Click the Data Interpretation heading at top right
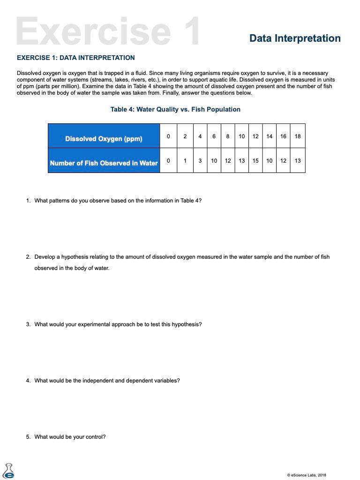[x=295, y=38]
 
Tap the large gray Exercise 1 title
[x=108, y=31]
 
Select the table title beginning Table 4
[x=175, y=109]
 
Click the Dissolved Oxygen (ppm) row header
[x=104, y=139]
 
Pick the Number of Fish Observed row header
[x=104, y=163]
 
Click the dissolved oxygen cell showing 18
[x=298, y=136]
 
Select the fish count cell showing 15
[x=255, y=161]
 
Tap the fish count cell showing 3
[x=200, y=161]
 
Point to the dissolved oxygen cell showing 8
[x=228, y=136]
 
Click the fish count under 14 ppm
[x=270, y=161]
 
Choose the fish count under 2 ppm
[x=185, y=161]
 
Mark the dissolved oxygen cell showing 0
[x=168, y=136]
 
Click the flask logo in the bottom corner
[x=8, y=471]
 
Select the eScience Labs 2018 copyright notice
[x=307, y=475]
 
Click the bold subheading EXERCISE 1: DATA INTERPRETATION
[x=75, y=58]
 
